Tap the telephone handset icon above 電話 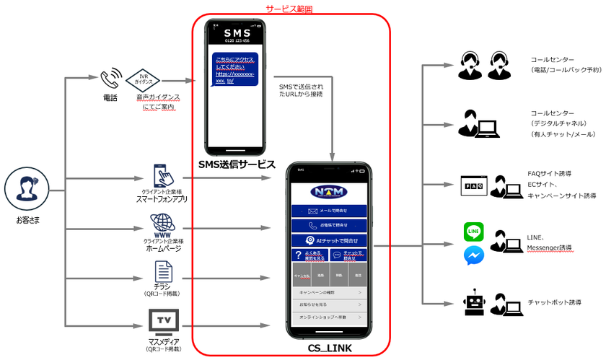(110, 77)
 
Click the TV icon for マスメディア (163, 320)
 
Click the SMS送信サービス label (237, 164)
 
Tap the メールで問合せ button (328, 211)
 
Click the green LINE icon (473, 232)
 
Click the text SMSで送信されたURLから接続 (301, 90)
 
